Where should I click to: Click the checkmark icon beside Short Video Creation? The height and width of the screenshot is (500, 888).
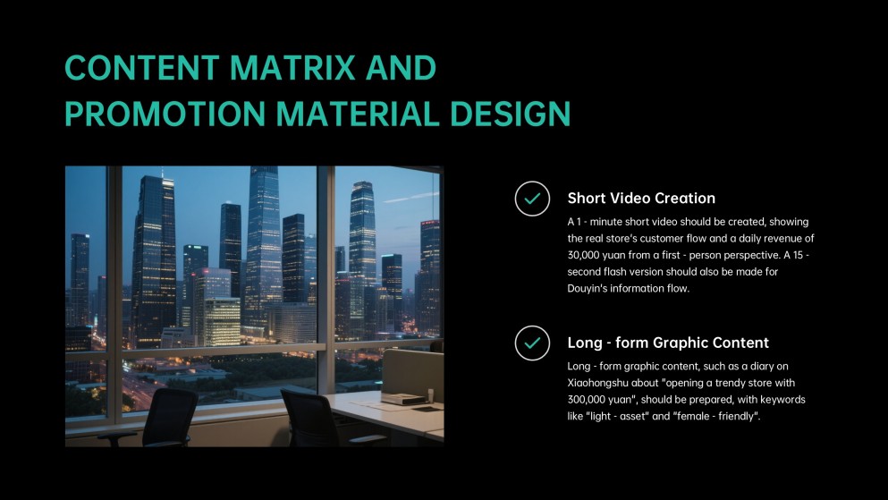tap(532, 199)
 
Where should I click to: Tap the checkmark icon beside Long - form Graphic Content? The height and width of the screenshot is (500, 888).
tap(532, 343)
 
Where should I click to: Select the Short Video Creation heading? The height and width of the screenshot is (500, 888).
tap(641, 199)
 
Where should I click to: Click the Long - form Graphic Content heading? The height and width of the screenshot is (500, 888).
tap(668, 343)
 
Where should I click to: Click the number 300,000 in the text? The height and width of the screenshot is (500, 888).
tap(596, 401)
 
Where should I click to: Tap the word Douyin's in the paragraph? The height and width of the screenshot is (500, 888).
tap(592, 288)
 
